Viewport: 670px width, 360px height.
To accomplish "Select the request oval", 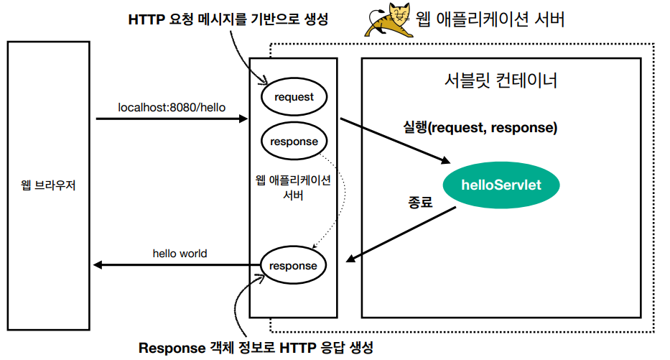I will tap(293, 96).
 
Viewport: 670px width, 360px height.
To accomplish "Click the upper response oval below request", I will tap(294, 141).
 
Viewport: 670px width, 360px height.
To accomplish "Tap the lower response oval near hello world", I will tap(293, 266).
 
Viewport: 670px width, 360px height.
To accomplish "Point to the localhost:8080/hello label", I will tap(172, 107).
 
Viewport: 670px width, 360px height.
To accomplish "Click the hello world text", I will tap(180, 253).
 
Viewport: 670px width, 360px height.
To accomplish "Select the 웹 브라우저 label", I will tap(48, 185).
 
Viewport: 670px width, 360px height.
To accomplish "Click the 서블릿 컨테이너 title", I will tap(501, 80).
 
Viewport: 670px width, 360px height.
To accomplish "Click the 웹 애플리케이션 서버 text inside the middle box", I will tap(293, 188).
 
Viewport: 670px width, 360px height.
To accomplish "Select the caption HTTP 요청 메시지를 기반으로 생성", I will tap(228, 19).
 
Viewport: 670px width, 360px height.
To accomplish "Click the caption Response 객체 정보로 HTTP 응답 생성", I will tap(256, 348).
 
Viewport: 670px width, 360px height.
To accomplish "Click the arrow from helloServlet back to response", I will tap(402, 234).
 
